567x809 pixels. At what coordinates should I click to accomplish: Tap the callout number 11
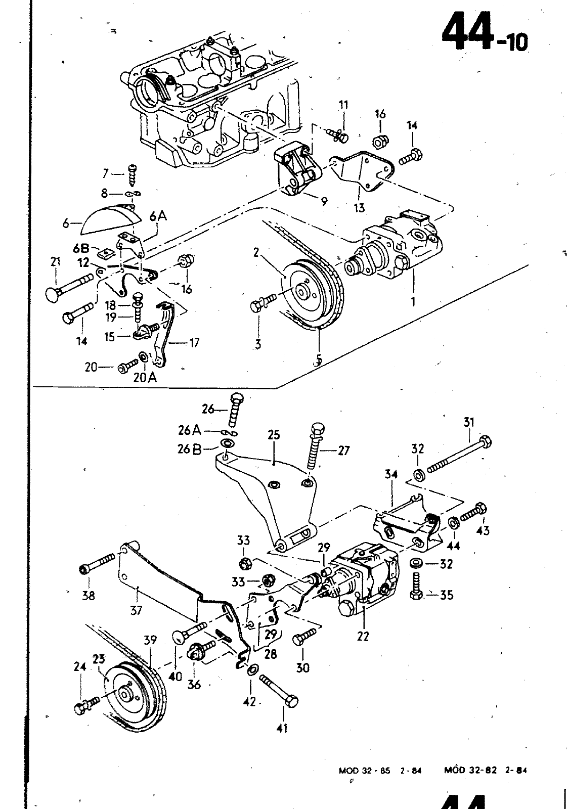click(x=343, y=105)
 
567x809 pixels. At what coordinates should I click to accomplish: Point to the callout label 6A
click(x=158, y=217)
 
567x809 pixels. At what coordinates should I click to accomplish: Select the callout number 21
click(x=55, y=261)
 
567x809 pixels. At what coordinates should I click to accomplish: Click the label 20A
click(x=145, y=377)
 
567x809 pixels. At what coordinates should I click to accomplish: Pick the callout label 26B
click(x=189, y=450)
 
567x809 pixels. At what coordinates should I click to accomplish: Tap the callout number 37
click(x=136, y=611)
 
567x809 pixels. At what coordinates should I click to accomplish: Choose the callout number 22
click(x=363, y=636)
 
